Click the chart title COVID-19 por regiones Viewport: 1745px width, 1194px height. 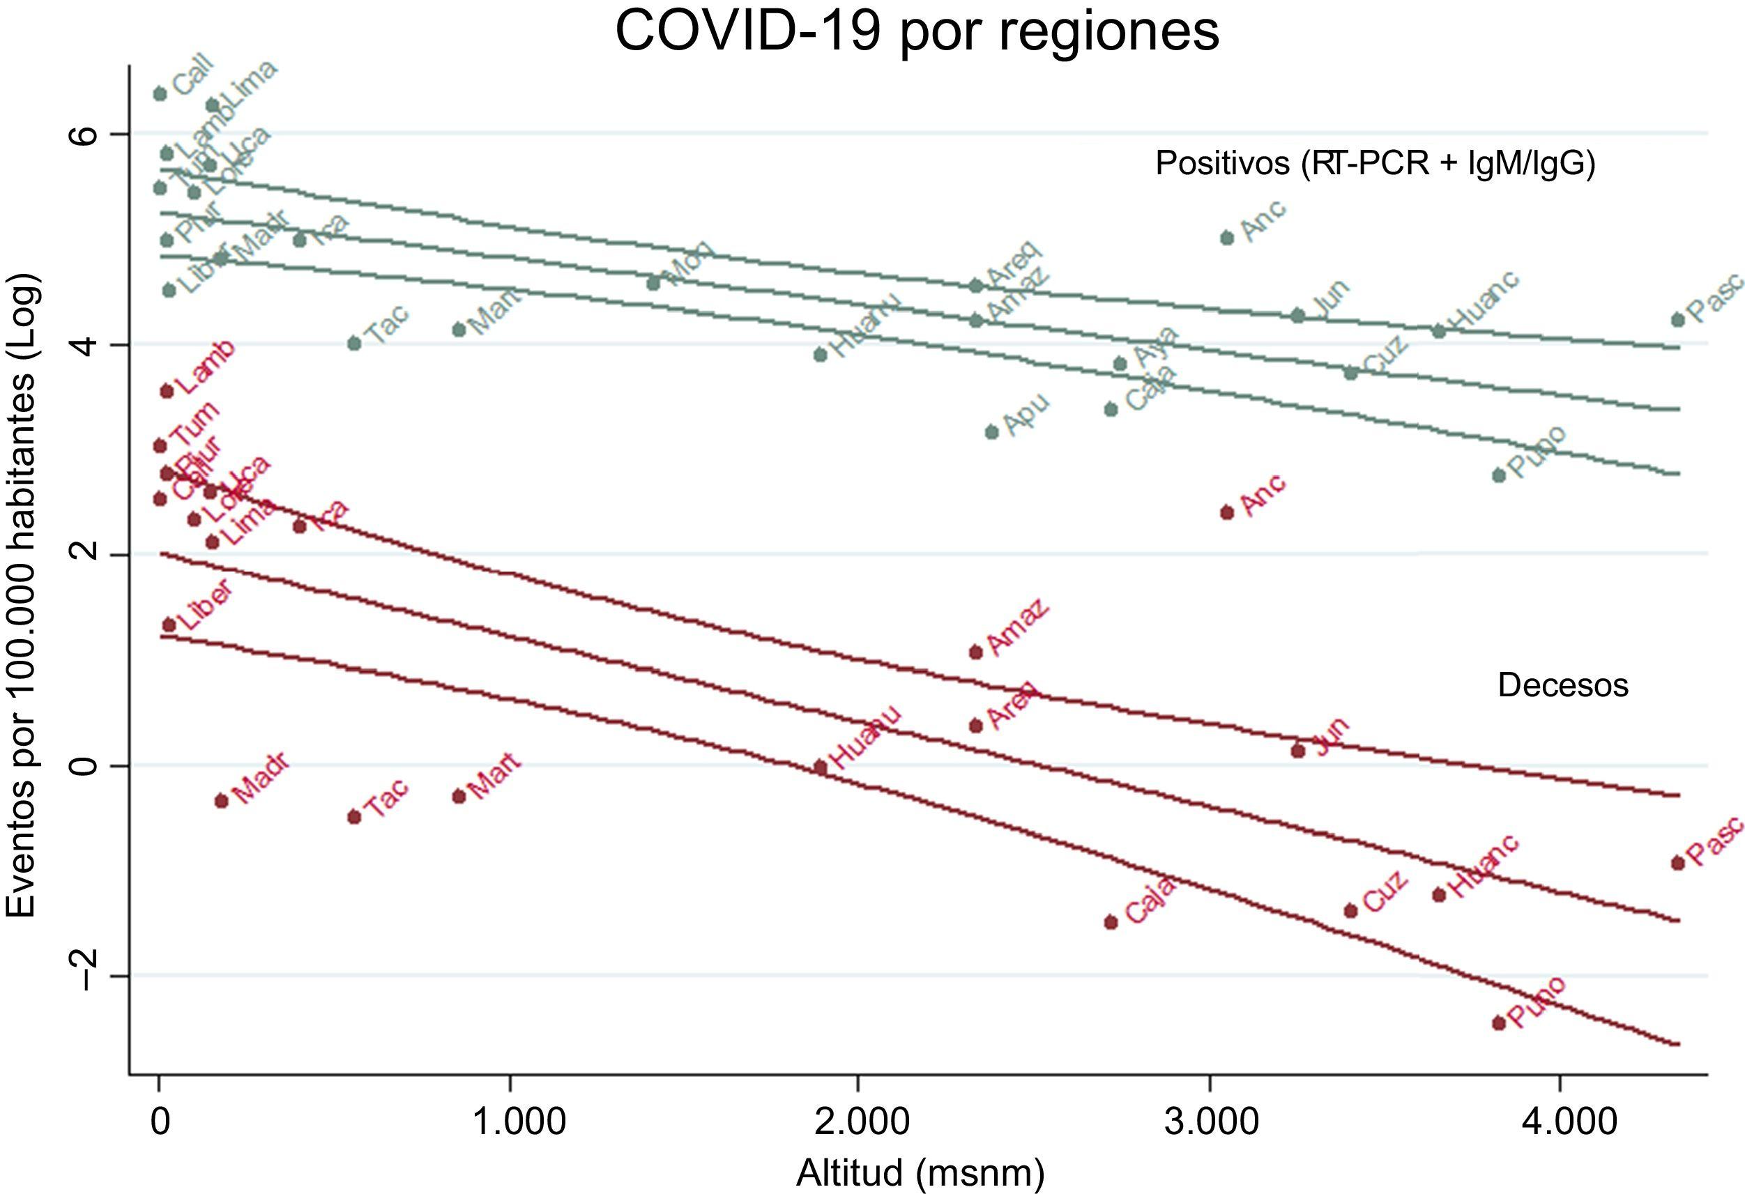[917, 31]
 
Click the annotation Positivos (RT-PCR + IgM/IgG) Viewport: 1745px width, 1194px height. [1375, 163]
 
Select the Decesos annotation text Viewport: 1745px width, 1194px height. [1562, 686]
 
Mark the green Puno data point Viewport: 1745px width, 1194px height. [1499, 475]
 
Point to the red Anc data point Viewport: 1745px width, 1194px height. [1227, 513]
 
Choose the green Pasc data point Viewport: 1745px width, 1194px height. [1677, 320]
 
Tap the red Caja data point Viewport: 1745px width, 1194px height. [1111, 922]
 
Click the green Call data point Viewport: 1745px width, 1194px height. [159, 94]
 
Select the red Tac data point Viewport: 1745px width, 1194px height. [354, 817]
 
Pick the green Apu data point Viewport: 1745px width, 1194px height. [991, 431]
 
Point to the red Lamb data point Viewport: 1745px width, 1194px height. [167, 391]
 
